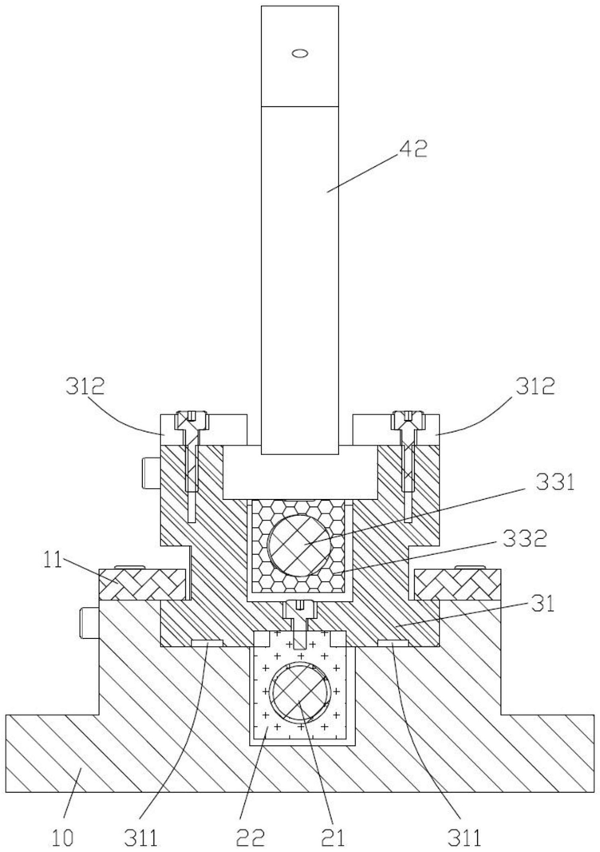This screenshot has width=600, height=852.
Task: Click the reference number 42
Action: click(413, 149)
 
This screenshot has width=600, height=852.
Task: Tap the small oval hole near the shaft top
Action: click(300, 53)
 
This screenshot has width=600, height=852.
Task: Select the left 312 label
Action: click(85, 386)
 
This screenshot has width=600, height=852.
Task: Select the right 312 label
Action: click(535, 386)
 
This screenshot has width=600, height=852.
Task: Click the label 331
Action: click(555, 482)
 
